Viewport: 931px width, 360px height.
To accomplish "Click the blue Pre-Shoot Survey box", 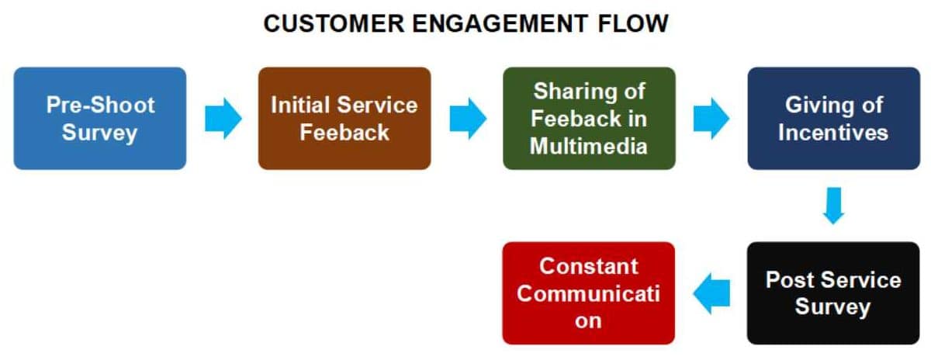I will pyautogui.click(x=100, y=118).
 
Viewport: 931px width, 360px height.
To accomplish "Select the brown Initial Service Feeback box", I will pyautogui.click(x=344, y=118).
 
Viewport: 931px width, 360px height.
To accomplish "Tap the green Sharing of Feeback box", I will pyautogui.click(x=589, y=118).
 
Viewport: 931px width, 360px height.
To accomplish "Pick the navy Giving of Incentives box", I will pyautogui.click(x=833, y=118).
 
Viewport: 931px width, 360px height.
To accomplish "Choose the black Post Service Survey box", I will pyautogui.click(x=833, y=292).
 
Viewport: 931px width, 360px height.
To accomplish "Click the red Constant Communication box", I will pyautogui.click(x=589, y=292).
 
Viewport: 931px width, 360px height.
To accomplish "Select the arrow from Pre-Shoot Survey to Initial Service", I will pyautogui.click(x=223, y=119).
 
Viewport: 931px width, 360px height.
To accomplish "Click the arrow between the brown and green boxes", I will pyautogui.click(x=467, y=119).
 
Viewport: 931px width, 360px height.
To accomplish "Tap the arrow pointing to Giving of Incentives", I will pyautogui.click(x=711, y=119).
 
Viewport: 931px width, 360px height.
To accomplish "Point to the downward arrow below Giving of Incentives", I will pyautogui.click(x=833, y=206).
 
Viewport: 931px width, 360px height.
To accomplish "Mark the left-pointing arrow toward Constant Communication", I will pyautogui.click(x=711, y=293).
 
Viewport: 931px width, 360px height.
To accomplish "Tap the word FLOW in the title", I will pyautogui.click(x=635, y=23).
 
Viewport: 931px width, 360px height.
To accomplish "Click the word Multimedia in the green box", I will pyautogui.click(x=589, y=146).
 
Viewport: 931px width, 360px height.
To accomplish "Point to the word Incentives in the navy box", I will pyautogui.click(x=833, y=132).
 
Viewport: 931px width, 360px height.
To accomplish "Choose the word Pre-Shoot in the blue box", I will pyautogui.click(x=100, y=104).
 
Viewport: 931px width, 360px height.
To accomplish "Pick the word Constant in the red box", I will pyautogui.click(x=589, y=266).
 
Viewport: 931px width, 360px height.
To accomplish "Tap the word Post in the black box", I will pyautogui.click(x=791, y=279).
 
